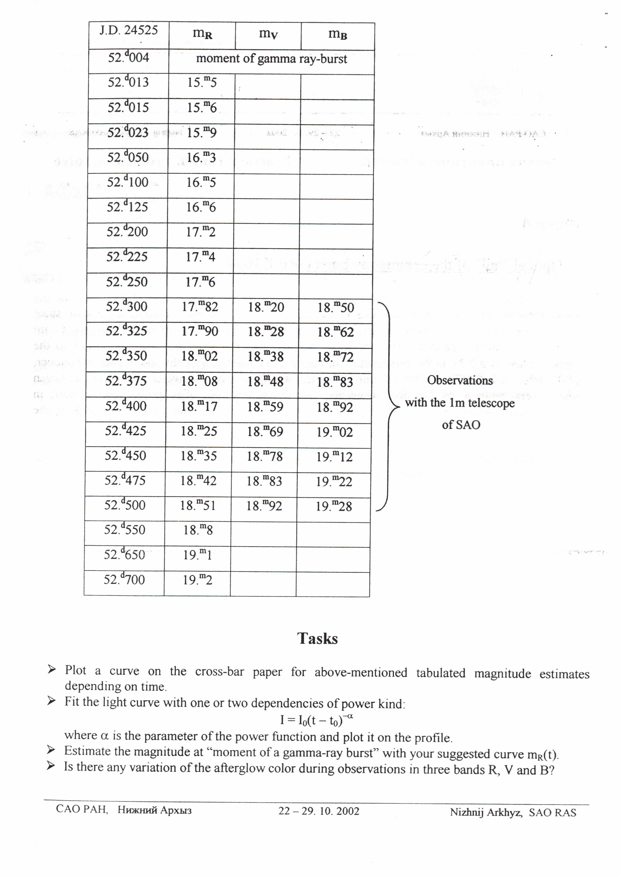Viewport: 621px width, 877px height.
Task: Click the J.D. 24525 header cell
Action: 128,30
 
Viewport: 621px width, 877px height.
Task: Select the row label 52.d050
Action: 128,157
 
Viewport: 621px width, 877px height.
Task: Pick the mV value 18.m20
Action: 266,307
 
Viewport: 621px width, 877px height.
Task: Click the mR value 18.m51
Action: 198,506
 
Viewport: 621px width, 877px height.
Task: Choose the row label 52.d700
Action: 124,579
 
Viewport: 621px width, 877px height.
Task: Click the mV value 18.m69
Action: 265,431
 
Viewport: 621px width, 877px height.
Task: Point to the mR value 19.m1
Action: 197,554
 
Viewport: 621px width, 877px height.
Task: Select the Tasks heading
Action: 317,639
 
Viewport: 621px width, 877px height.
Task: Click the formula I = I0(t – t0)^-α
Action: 316,720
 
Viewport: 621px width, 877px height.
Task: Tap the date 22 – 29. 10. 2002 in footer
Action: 319,811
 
